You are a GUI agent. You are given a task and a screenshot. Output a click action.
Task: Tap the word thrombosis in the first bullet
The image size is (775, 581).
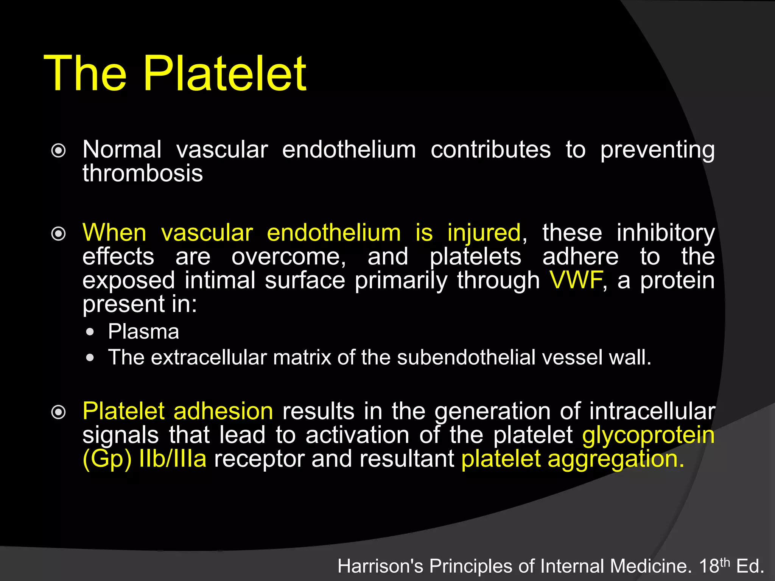(x=143, y=173)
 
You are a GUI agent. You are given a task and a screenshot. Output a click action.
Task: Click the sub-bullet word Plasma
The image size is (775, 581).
(x=143, y=332)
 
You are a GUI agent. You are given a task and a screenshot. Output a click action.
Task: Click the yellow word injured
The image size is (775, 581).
(x=484, y=232)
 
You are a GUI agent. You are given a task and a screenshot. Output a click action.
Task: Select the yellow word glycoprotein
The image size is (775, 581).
(x=648, y=435)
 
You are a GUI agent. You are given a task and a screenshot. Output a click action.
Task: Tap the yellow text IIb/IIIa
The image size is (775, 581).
(x=173, y=459)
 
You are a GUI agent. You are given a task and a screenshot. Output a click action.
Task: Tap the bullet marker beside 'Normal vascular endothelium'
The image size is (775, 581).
(x=58, y=151)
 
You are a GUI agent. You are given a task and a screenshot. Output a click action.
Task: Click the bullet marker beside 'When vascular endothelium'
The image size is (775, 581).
(x=58, y=234)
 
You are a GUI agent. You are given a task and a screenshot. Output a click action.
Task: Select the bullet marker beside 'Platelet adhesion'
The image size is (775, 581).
(x=58, y=412)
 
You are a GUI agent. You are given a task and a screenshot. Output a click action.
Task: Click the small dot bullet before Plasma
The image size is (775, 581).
(x=90, y=332)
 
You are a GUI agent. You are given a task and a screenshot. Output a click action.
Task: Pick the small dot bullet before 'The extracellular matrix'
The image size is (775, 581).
(x=90, y=358)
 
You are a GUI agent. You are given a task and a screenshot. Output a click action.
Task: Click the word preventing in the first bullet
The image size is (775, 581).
(x=657, y=150)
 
